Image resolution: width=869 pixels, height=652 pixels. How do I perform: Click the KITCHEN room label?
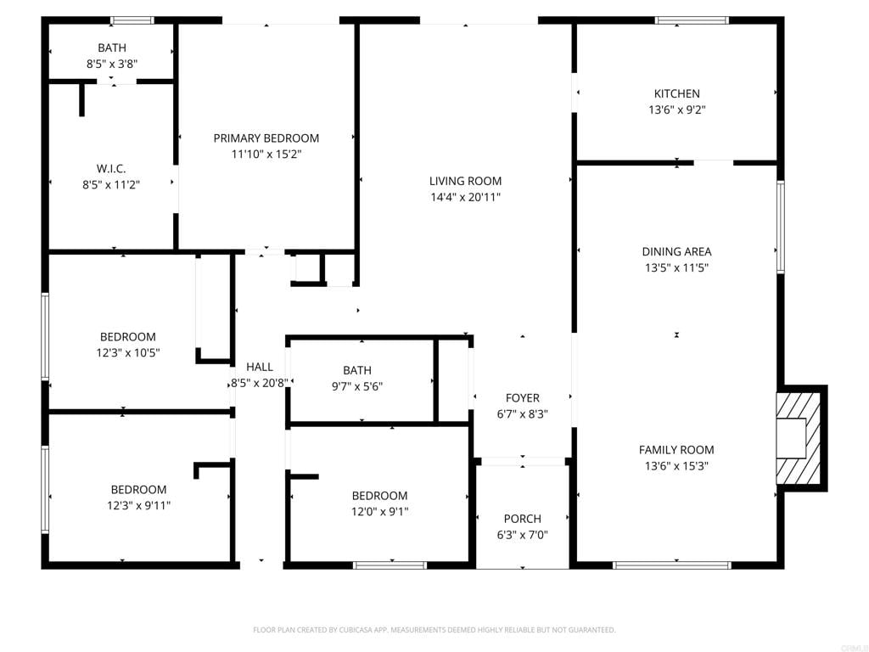pos(676,93)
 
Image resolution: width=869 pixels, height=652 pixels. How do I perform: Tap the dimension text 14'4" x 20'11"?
pos(465,197)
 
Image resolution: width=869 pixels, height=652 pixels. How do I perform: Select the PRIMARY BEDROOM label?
pos(266,138)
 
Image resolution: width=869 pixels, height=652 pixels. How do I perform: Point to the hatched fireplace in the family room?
pos(799,437)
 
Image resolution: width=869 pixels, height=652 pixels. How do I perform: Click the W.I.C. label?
pos(111,168)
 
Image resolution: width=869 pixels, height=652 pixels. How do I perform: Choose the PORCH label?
pos(522,519)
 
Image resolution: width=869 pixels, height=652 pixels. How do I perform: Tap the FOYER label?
pos(522,398)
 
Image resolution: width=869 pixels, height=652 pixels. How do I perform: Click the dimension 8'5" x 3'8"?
pos(111,64)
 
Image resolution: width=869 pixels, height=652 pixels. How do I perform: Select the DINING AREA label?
pos(676,251)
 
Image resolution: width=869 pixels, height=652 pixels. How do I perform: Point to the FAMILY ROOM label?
pos(676,450)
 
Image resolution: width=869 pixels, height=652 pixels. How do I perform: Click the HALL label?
pos(259,367)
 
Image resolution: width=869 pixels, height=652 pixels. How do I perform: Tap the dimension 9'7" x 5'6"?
pos(357,385)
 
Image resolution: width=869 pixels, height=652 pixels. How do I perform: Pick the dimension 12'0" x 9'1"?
pos(379,511)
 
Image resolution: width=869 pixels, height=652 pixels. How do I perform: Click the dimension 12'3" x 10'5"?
pos(127,352)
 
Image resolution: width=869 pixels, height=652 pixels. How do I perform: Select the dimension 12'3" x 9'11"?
pos(138,505)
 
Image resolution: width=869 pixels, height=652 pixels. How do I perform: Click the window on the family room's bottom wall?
pos(671,565)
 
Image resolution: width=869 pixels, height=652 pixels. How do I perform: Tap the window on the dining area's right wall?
pos(780,227)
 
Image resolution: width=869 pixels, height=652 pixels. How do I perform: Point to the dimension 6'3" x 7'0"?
pos(522,535)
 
